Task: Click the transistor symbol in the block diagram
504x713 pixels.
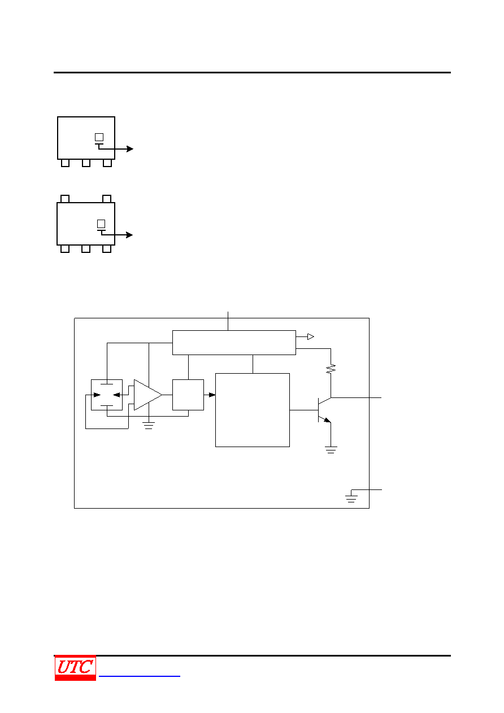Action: point(324,410)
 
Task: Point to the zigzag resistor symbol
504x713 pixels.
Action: point(331,369)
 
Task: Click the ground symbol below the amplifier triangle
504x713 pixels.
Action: point(149,426)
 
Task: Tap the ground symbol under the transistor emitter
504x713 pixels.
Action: point(331,450)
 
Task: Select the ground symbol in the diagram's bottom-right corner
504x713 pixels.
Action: point(351,499)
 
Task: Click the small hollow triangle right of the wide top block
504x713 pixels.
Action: point(311,336)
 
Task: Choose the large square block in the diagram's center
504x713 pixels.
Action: point(253,410)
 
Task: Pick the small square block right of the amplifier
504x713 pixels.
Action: point(188,395)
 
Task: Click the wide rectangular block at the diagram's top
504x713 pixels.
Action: point(234,343)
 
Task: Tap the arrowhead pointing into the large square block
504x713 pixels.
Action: point(212,395)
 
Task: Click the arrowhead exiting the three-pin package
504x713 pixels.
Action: point(129,148)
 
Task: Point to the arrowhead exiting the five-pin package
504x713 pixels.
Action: point(129,235)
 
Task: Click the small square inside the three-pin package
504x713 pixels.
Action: point(99,137)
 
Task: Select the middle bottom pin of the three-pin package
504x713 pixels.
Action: point(86,163)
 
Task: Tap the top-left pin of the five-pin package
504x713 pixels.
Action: point(65,199)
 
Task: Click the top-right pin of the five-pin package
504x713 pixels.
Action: point(107,199)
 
